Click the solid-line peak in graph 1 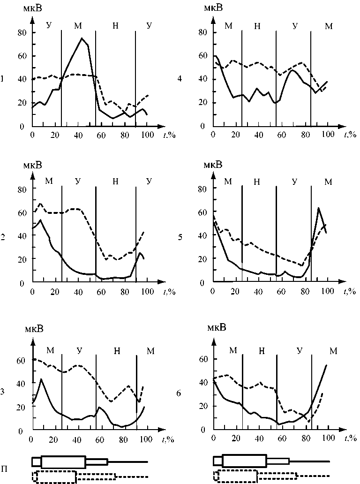coord(82,38)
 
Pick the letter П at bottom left coord(4,469)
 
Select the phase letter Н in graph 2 coord(115,181)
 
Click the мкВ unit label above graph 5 coord(213,165)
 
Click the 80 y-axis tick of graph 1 coord(21,32)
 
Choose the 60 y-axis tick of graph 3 coord(21,361)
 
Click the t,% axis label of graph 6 coord(350,438)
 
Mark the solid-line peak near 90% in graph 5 coord(319,208)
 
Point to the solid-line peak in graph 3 coord(41,379)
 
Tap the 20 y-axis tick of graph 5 coord(203,258)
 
